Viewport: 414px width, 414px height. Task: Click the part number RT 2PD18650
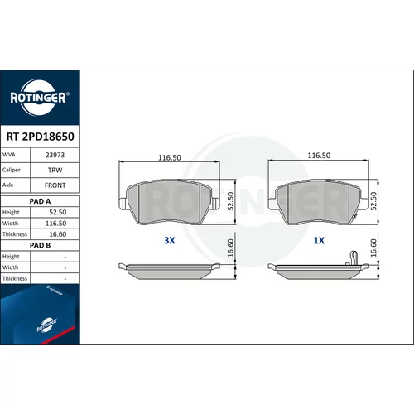41,137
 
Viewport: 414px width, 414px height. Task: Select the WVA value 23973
55,155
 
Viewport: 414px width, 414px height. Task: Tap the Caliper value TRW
55,171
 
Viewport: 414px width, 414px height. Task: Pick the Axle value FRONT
55,185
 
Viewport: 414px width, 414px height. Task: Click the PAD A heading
40,201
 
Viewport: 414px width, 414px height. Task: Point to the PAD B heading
40,245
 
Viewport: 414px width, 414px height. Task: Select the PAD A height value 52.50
58,212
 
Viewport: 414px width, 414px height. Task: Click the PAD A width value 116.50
55,224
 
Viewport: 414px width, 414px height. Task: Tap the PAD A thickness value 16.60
58,234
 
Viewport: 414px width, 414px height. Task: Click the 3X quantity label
170,240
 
